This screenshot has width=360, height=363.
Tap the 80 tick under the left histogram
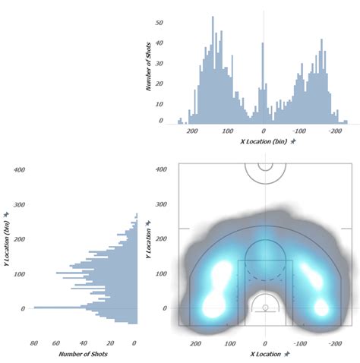coord(34,342)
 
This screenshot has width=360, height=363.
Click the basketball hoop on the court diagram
coord(265,308)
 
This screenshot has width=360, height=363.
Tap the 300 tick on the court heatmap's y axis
coord(161,204)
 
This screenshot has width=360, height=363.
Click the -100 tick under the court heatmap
coord(300,342)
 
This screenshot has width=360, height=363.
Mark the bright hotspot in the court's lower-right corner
coord(322,308)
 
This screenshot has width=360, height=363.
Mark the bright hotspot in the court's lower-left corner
coord(207,306)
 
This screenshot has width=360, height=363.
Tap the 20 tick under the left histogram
coord(111,342)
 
